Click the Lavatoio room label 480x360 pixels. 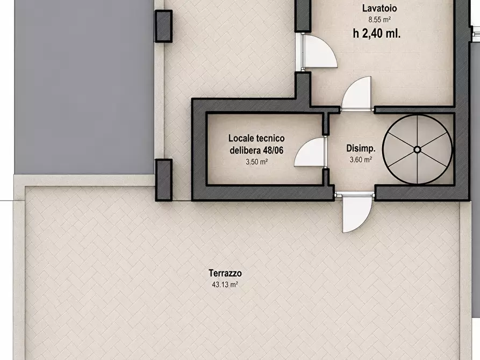[379, 8]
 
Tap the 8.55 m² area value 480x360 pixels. [379, 20]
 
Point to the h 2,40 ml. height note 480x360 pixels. [377, 33]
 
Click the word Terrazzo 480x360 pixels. [225, 273]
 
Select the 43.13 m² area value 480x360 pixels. [225, 285]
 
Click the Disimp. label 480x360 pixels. [361, 148]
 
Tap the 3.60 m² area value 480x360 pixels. [361, 160]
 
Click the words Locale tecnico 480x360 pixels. [256, 138]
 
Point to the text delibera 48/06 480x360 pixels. [256, 150]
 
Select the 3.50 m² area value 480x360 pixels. [256, 162]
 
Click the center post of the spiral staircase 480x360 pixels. [417, 149]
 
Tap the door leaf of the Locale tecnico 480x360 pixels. [310, 152]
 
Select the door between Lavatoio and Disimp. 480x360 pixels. [356, 93]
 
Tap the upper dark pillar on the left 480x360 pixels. [163, 26]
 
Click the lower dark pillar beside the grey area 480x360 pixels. [163, 180]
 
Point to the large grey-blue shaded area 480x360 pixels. [84, 87]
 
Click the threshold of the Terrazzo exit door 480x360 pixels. [354, 194]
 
